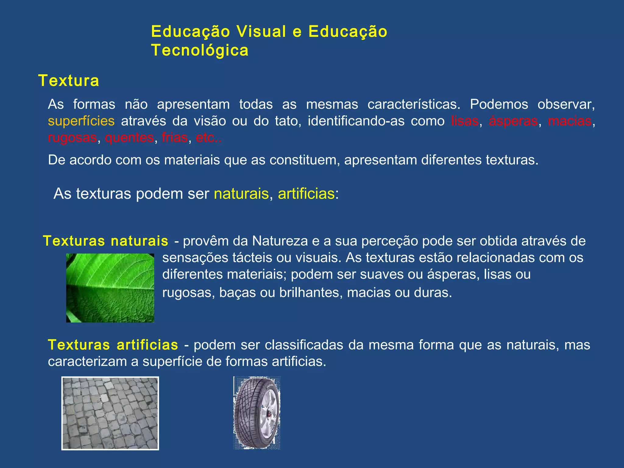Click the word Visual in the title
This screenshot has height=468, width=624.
[261, 32]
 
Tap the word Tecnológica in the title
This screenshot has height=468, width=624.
[200, 50]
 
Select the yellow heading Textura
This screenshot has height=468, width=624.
[69, 81]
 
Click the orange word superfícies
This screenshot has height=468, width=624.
[81, 121]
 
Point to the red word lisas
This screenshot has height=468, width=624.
[465, 121]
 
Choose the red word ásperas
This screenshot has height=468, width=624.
[513, 121]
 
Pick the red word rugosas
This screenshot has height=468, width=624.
[72, 138]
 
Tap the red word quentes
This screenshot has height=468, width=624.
[129, 138]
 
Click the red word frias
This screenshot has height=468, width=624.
[175, 138]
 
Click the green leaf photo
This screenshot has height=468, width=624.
[110, 288]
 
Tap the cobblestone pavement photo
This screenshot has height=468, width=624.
[110, 413]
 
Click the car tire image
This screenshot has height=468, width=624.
[257, 413]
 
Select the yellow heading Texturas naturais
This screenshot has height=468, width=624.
[105, 241]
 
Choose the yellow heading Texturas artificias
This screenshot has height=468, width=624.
[113, 345]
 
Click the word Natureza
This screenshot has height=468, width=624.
[280, 241]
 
